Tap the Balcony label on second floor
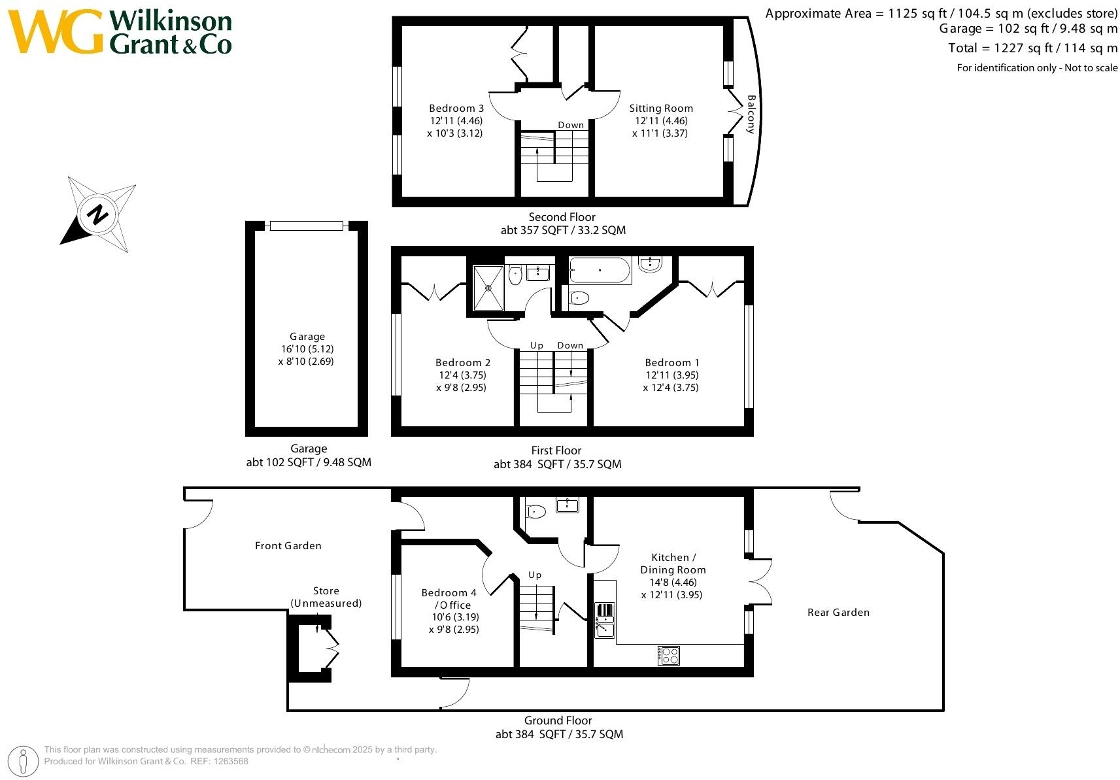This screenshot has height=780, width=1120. coord(751,114)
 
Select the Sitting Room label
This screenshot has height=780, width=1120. coord(661,109)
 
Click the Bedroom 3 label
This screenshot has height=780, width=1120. coord(456,109)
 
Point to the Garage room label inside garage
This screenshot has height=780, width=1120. coord(307,337)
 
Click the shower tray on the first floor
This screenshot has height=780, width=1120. coord(488,288)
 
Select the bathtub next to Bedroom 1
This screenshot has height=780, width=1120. coord(600,270)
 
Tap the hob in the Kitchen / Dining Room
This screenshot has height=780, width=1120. coord(668,655)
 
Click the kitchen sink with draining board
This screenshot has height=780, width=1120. coord(605,620)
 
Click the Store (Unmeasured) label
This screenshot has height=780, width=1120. coord(326,597)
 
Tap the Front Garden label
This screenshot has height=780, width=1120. coord(288,545)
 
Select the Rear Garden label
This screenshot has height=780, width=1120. coord(838,612)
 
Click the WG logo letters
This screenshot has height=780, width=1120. coord(56,32)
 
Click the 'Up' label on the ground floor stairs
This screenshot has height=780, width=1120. coord(535,575)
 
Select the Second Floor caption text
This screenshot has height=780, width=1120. coord(562,217)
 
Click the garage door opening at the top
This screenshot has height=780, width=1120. coord(307,226)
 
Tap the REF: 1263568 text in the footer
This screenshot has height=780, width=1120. coord(220,761)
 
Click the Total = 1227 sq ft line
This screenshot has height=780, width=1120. coord(1032,48)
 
